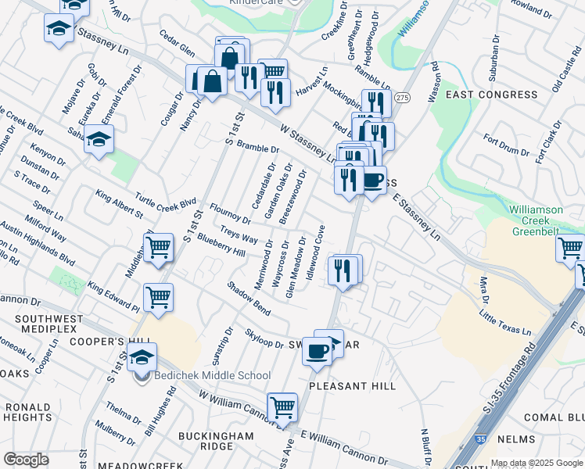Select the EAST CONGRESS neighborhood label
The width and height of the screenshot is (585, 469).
point(491,94)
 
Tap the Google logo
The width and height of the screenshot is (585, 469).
point(26,459)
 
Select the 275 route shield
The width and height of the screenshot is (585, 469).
point(402,97)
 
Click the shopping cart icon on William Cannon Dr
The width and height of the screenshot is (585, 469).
point(282,407)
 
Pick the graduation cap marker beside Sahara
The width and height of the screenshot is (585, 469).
point(99,141)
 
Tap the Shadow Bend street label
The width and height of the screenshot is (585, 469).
point(249,298)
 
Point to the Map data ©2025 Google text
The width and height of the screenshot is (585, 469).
point(537,462)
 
